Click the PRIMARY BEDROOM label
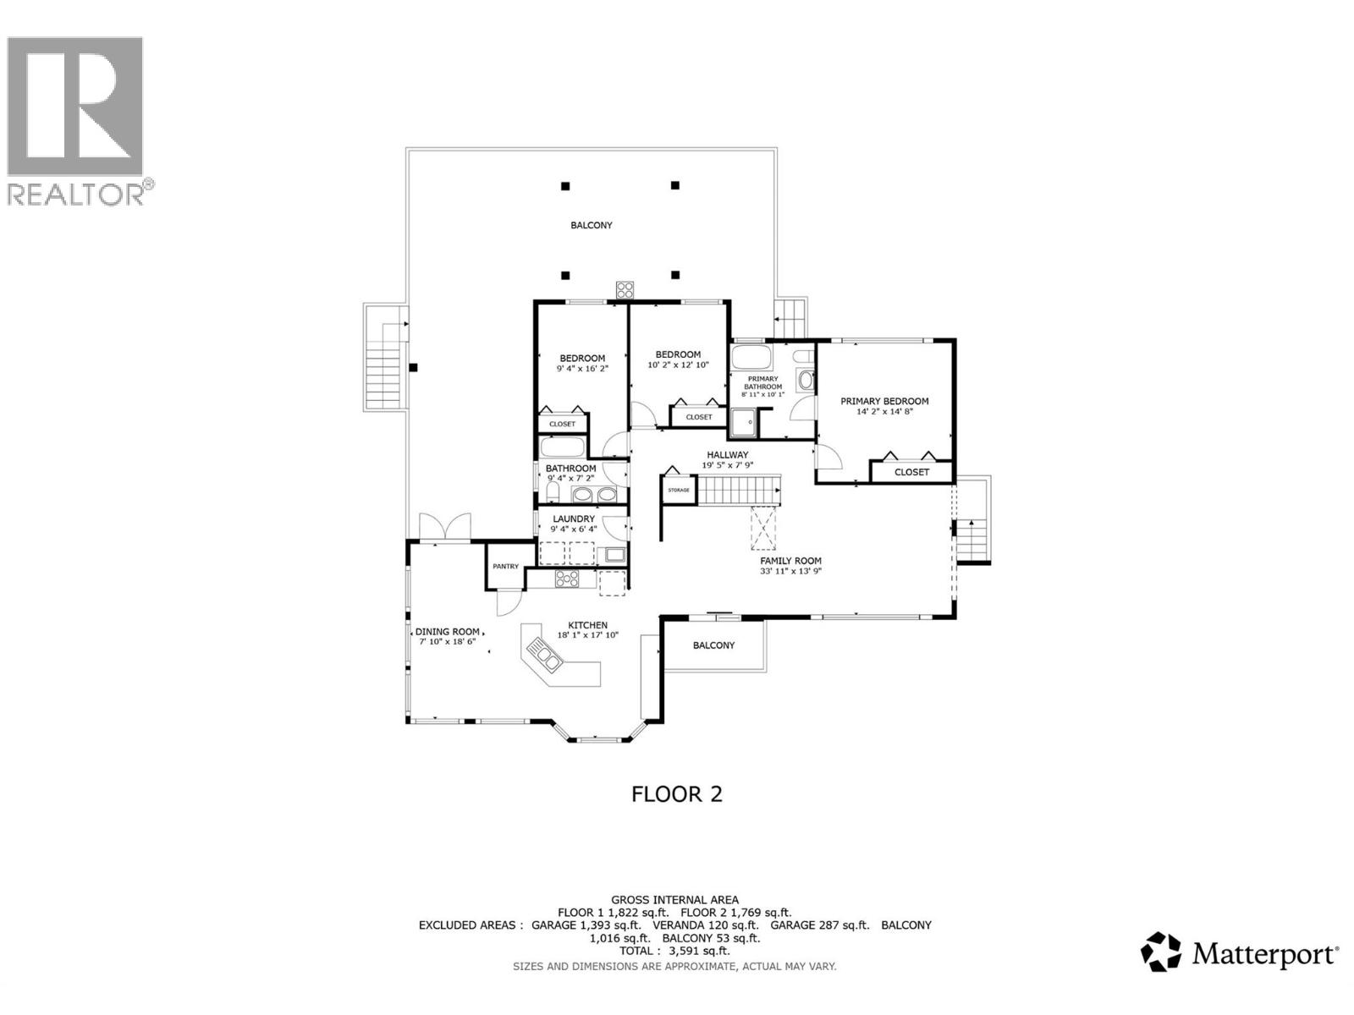884,401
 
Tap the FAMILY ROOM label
790,561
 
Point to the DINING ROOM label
447,632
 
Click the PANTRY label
505,567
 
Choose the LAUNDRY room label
574,518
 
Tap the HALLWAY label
728,455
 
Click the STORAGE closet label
679,491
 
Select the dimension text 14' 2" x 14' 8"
884,413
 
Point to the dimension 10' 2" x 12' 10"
678,365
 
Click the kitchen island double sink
541,655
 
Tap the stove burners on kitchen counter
566,579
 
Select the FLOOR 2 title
677,794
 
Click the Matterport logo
1240,954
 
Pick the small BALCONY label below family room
713,645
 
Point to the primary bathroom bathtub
751,354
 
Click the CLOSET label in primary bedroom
911,472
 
